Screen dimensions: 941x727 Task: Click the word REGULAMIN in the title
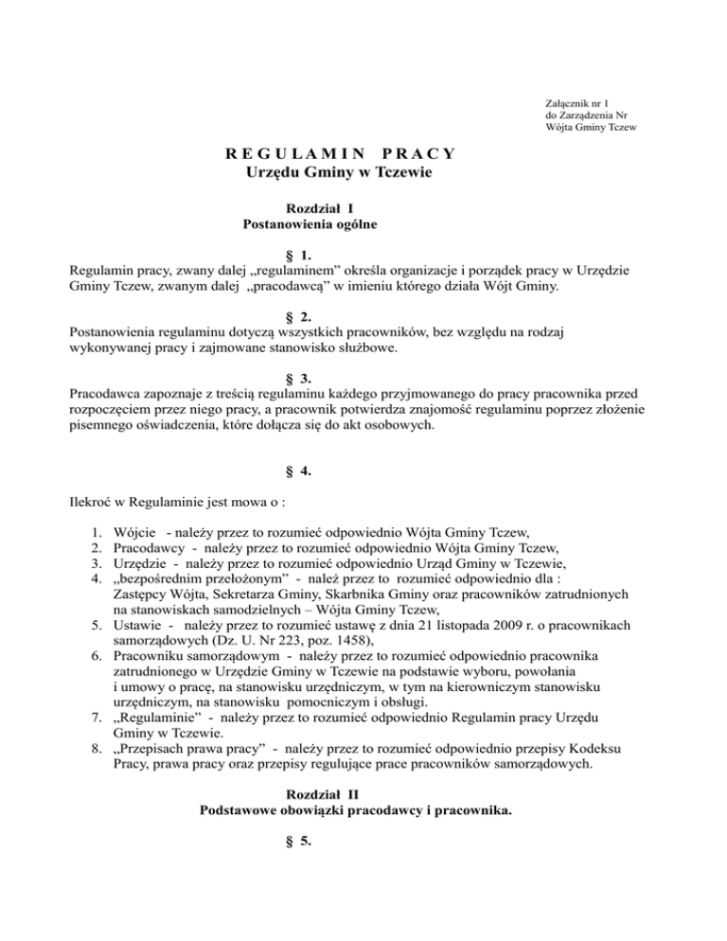(x=288, y=153)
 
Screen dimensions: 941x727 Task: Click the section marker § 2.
(x=298, y=317)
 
